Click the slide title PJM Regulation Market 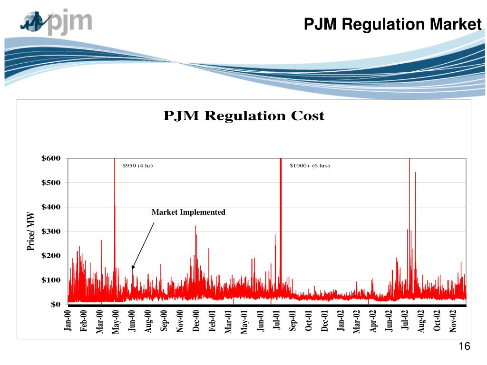[x=393, y=23]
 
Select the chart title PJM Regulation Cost [x=243, y=116]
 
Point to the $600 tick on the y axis [x=51, y=158]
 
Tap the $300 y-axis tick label [x=51, y=231]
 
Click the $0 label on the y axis [x=55, y=305]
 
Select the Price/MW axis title [x=31, y=231]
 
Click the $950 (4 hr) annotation [x=137, y=166]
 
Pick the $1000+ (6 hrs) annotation [x=310, y=166]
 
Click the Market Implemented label [x=188, y=212]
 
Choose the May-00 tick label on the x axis [x=116, y=321]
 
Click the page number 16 [x=465, y=347]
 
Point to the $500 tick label [x=51, y=183]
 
